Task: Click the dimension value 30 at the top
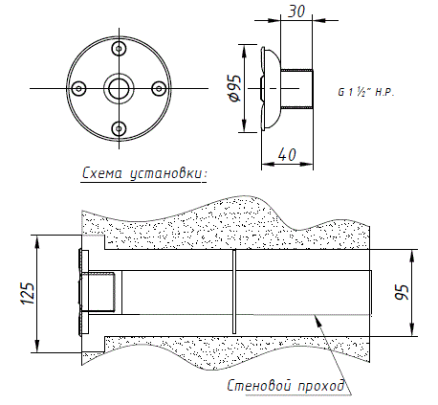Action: point(296,11)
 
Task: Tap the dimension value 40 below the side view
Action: point(287,154)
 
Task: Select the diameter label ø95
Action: point(234,88)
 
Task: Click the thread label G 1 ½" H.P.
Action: point(366,93)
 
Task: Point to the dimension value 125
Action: point(28,293)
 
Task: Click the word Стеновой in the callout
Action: point(258,386)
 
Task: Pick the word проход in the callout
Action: point(321,386)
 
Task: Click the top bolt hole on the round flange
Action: point(120,49)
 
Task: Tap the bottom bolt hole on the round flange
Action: point(120,128)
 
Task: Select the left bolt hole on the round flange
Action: point(79,88)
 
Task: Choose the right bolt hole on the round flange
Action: point(159,88)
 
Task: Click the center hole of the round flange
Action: point(119,88)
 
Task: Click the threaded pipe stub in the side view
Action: point(296,88)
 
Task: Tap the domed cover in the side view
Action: point(271,88)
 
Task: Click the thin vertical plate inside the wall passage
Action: point(234,292)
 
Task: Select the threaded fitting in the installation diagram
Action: point(98,292)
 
